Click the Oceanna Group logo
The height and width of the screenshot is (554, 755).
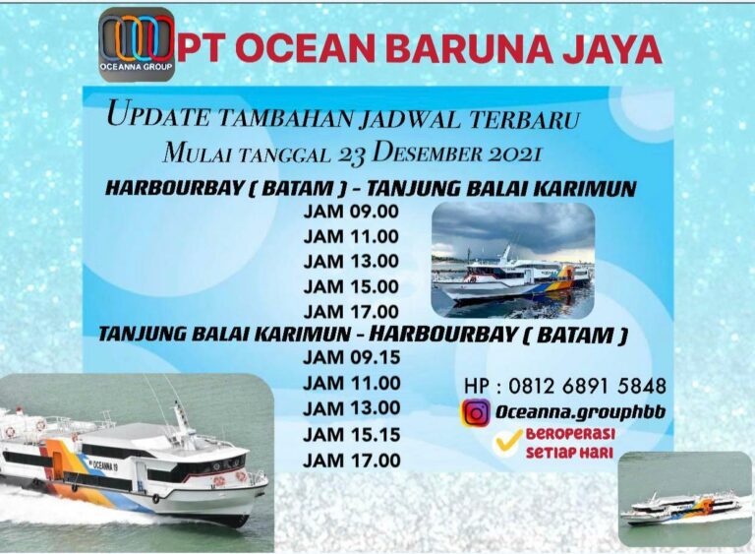click(x=137, y=44)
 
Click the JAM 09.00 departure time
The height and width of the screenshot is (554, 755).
click(x=351, y=211)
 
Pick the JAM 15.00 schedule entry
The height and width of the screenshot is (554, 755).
click(x=351, y=286)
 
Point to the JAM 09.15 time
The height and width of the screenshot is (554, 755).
click(x=351, y=357)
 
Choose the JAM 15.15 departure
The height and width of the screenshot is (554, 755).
click(x=351, y=434)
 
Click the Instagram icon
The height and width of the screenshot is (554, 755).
click(x=476, y=413)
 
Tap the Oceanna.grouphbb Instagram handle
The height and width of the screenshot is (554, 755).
click(x=580, y=413)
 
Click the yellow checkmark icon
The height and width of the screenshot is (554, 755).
click(x=508, y=443)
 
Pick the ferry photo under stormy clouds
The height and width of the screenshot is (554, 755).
click(x=512, y=260)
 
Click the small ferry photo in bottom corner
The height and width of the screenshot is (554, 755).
click(x=684, y=499)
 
